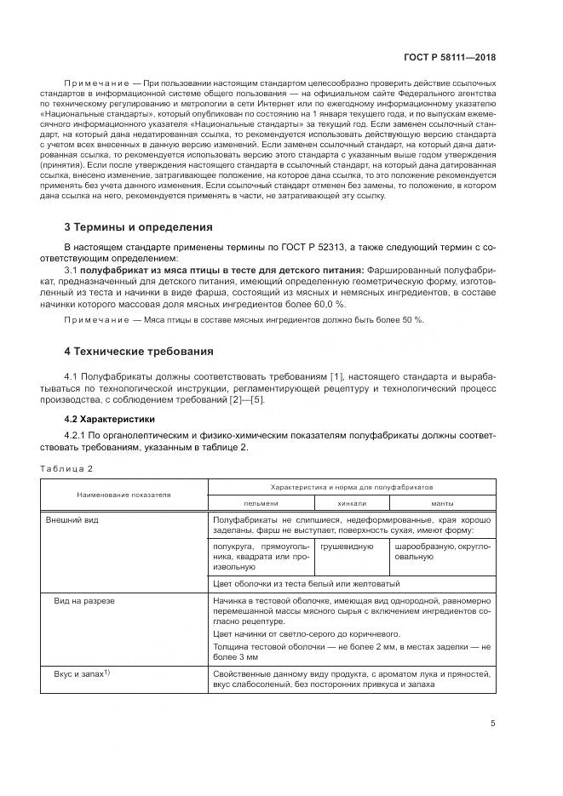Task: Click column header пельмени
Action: click(261, 503)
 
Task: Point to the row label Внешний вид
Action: click(73, 518)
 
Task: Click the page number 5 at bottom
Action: click(493, 724)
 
